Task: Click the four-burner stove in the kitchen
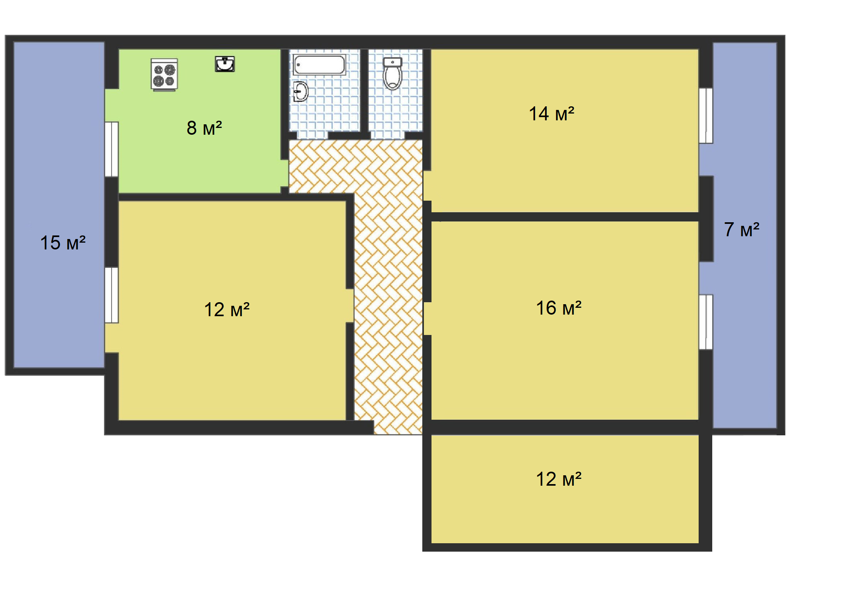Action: (164, 75)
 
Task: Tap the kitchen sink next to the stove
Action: (225, 64)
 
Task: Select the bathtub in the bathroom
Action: (320, 65)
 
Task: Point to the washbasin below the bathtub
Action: (301, 92)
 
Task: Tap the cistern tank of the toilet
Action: (392, 62)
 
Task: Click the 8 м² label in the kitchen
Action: (204, 128)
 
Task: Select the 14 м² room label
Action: (551, 114)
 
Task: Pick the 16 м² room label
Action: (559, 308)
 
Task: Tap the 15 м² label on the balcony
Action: (63, 243)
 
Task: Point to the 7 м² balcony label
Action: (741, 229)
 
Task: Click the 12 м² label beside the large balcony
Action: (227, 309)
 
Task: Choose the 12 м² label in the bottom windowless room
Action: (559, 479)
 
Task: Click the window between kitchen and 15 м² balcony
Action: (112, 149)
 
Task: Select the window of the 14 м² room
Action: (706, 116)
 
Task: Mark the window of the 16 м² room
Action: (706, 322)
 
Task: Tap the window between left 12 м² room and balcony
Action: (112, 295)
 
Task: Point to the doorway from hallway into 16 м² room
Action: (427, 319)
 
